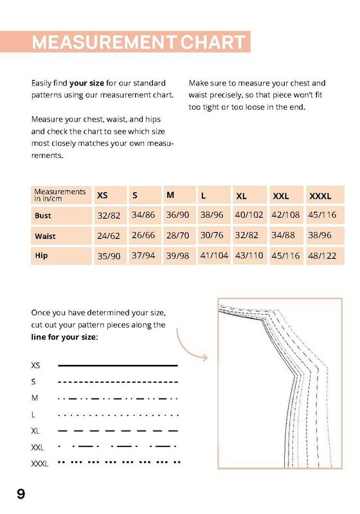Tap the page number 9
click(21, 493)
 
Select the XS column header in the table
click(102, 195)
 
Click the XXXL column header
click(320, 197)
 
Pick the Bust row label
click(43, 216)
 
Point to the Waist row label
click(45, 236)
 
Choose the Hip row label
click(41, 255)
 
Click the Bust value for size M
click(177, 215)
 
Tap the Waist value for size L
click(212, 235)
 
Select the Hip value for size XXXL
click(322, 256)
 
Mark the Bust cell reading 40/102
click(249, 215)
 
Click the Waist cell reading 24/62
click(109, 236)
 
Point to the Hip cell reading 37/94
click(143, 255)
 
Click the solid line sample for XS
click(118, 365)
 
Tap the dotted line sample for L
click(118, 415)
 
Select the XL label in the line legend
click(35, 430)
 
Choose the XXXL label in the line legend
click(40, 464)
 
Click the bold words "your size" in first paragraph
click(87, 84)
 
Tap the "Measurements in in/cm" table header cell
click(60, 195)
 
